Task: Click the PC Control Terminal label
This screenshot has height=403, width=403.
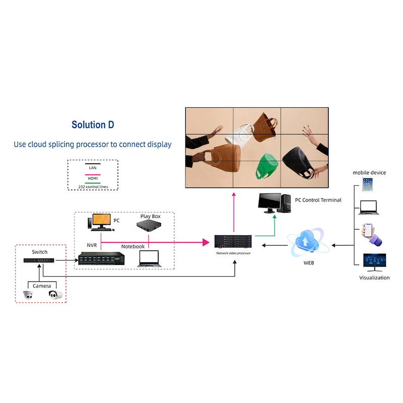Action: click(318, 200)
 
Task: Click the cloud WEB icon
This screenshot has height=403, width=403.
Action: click(308, 242)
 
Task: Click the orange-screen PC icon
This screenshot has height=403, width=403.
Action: click(101, 222)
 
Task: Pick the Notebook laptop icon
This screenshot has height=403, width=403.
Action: click(148, 258)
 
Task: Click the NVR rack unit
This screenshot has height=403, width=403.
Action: click(101, 258)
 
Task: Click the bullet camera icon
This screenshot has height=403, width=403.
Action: click(55, 295)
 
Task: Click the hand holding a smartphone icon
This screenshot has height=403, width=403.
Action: click(370, 234)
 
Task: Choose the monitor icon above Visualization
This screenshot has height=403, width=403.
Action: click(374, 262)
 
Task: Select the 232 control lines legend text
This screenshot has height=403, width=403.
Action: click(93, 186)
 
